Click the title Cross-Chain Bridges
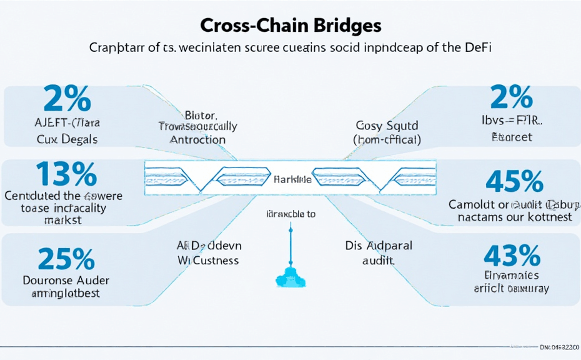coord(290,26)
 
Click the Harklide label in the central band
coord(292,180)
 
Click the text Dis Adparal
coord(379,246)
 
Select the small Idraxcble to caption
coord(290,213)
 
